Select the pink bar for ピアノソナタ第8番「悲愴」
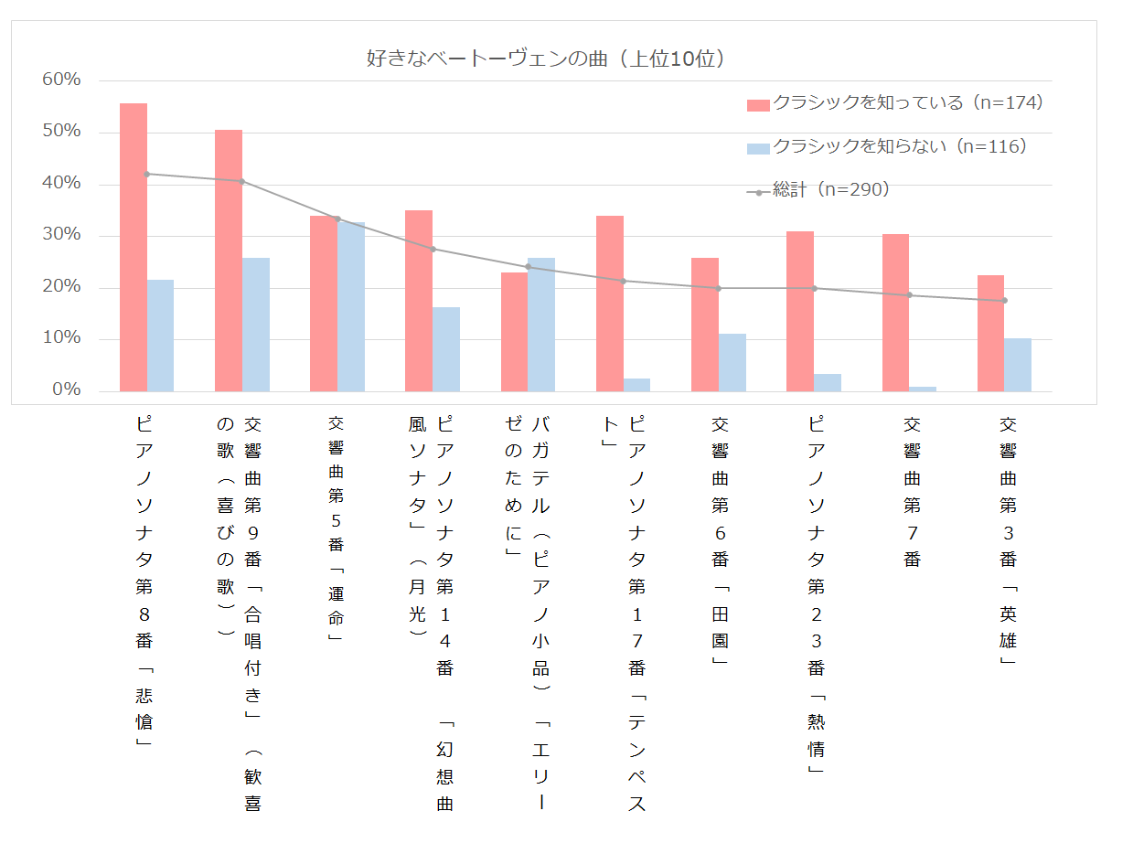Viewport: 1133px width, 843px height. coord(134,247)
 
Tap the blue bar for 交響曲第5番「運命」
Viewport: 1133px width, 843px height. coord(351,306)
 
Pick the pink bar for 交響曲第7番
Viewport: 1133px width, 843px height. coord(895,313)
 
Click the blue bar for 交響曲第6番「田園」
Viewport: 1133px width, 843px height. coord(732,362)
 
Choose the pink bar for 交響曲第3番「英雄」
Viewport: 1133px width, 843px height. coord(990,333)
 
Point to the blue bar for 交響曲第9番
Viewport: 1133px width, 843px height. coord(256,325)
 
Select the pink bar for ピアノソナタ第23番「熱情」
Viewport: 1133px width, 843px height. coord(800,311)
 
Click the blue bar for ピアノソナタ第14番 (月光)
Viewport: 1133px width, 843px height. coord(446,349)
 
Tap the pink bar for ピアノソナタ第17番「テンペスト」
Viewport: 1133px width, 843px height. coord(610,304)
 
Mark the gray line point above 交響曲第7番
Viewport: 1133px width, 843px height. coord(909,294)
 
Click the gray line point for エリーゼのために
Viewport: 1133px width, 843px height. coord(528,267)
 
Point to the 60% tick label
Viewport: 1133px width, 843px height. coord(62,80)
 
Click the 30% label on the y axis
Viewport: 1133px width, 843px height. coord(62,236)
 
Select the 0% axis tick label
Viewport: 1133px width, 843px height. coord(67,390)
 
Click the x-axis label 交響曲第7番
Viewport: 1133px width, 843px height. coord(912,491)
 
